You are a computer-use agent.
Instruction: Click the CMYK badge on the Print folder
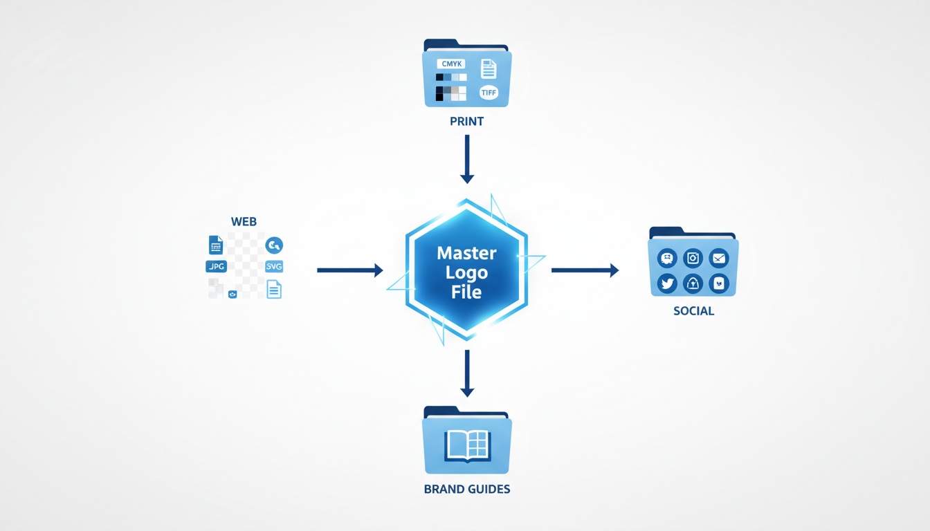pos(451,64)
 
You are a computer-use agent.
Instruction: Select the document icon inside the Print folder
pos(489,68)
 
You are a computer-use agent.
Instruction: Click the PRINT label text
pos(466,122)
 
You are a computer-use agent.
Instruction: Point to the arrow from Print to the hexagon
pos(467,159)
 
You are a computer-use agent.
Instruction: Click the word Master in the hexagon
pos(466,253)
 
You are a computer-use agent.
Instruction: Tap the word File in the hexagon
pos(466,292)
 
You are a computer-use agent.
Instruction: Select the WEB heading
pos(244,222)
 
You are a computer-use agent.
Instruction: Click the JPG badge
pos(216,267)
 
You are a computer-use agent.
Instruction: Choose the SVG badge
pos(274,267)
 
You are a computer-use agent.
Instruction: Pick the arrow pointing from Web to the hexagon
pos(349,270)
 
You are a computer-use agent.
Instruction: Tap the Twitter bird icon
pos(667,283)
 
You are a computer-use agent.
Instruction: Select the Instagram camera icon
pos(693,259)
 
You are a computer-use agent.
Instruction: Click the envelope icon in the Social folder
pos(719,259)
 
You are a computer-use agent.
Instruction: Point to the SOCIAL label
pos(693,311)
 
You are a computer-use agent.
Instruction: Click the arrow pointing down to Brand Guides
pos(467,373)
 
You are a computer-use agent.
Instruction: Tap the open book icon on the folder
pos(467,445)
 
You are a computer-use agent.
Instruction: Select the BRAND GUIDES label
pos(466,490)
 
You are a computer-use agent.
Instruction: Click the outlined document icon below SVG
pos(274,290)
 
